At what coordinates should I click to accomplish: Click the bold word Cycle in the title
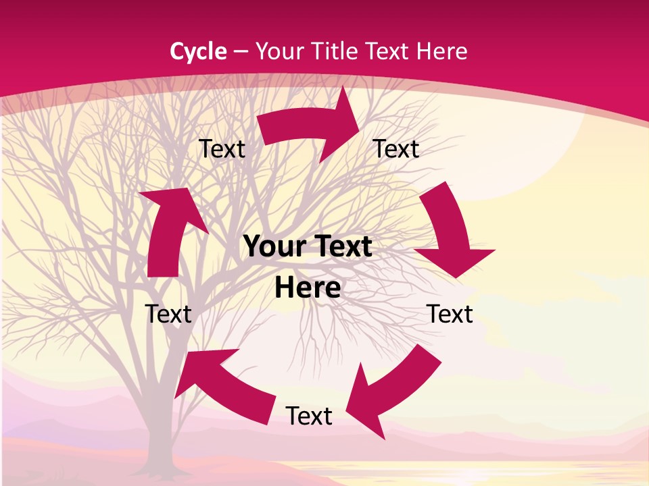point(198,51)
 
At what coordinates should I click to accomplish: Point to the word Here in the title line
point(441,51)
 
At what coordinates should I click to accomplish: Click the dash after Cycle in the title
point(241,52)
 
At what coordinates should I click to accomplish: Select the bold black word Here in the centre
point(308,288)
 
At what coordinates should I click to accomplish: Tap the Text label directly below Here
point(309,416)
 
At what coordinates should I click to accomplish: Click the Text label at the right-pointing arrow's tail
point(222,148)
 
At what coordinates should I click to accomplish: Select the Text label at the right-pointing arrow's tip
point(396,148)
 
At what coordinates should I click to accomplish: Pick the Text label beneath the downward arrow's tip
point(450,314)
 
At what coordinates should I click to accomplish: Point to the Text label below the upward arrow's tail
point(168,314)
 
